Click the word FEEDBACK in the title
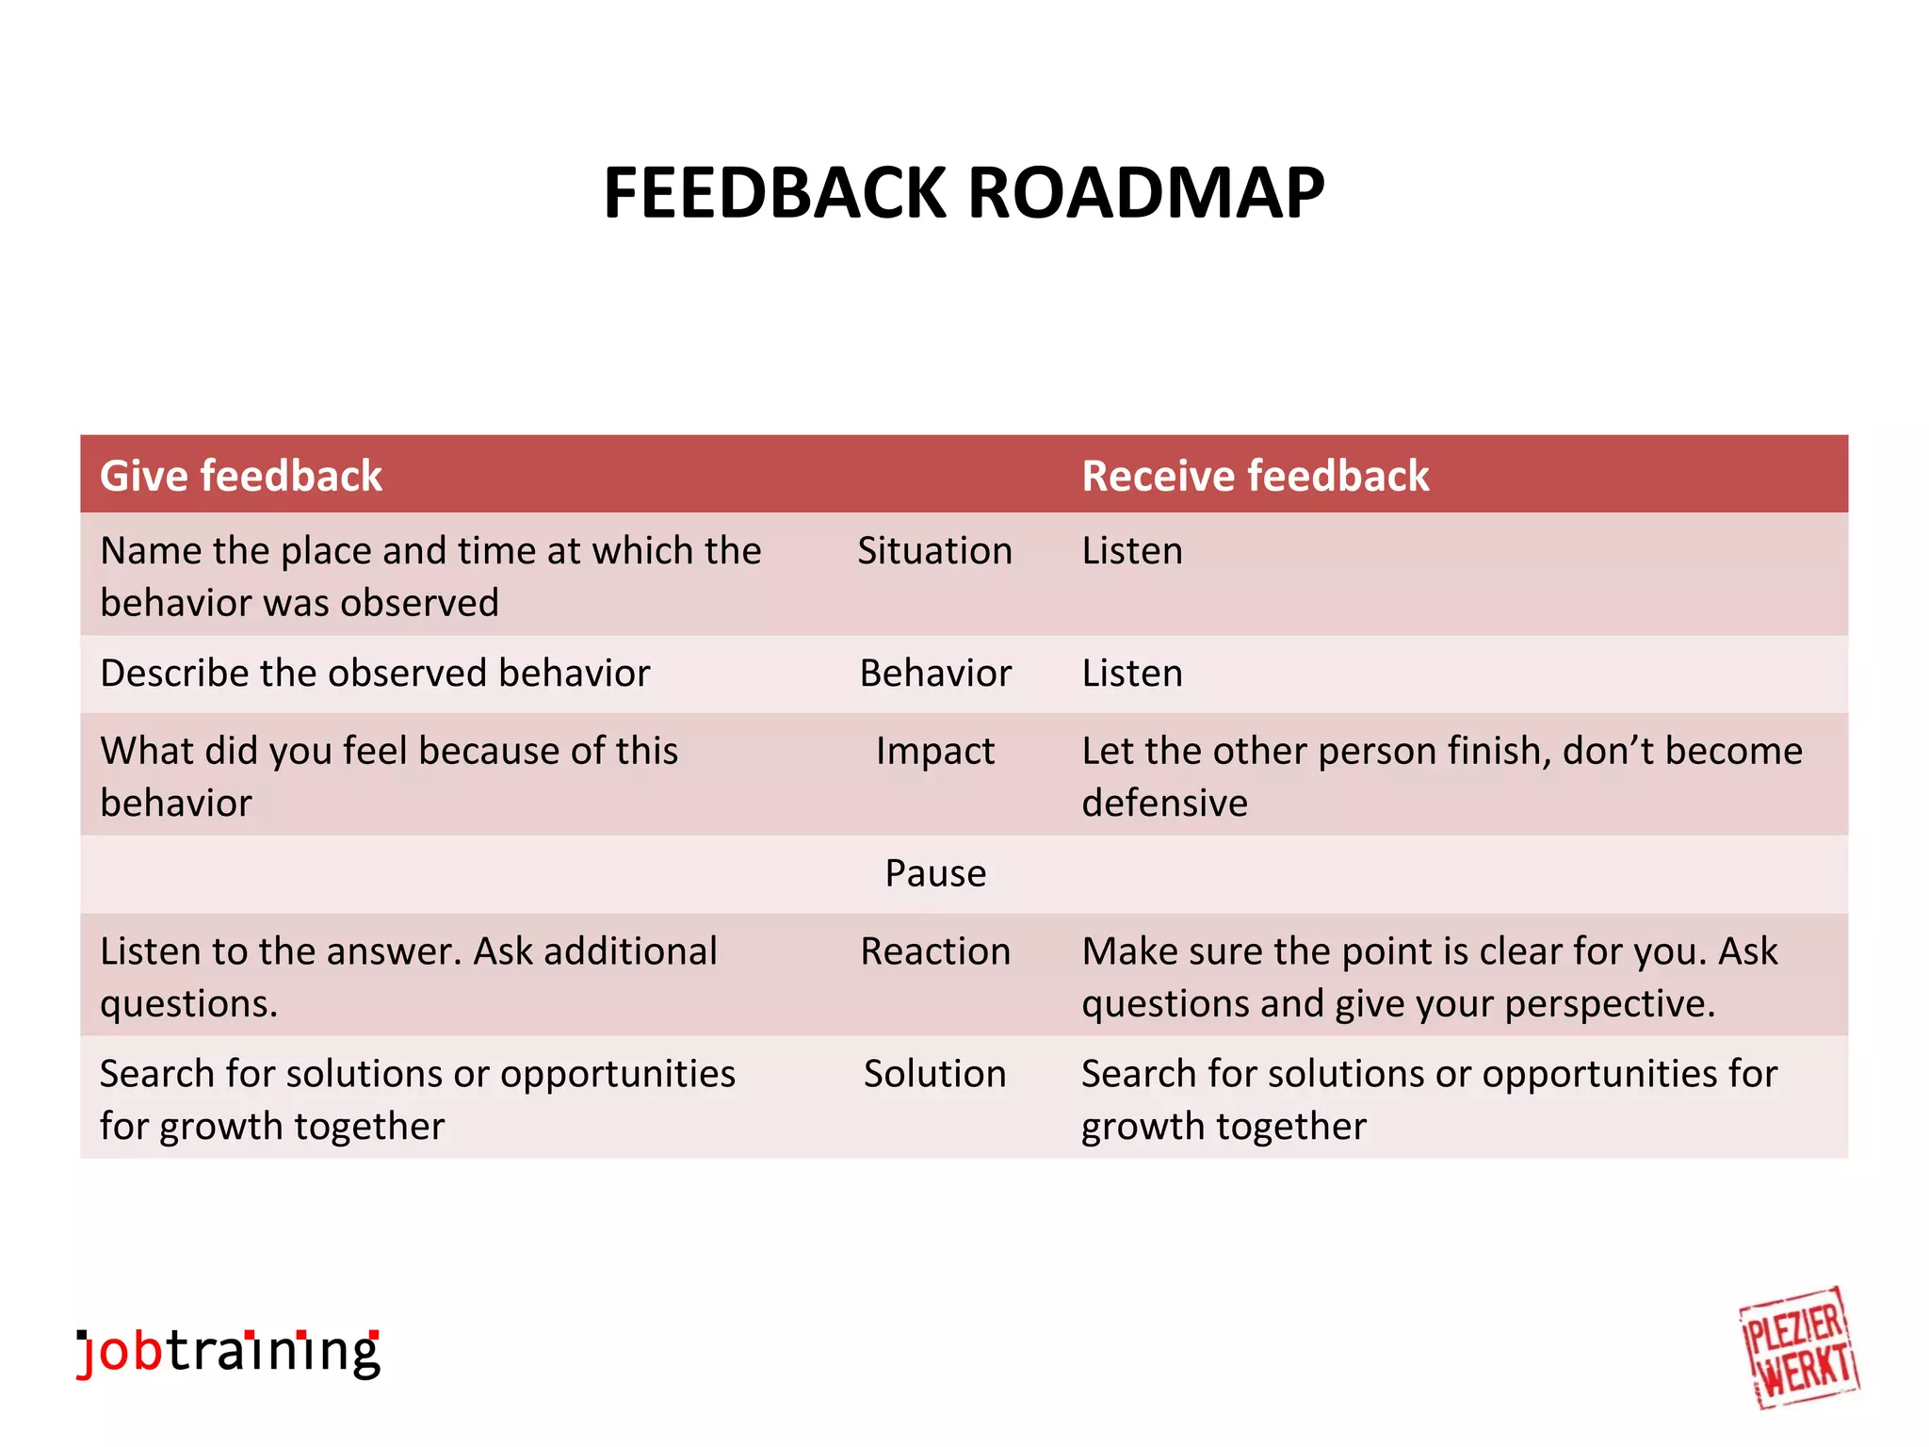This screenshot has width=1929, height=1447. point(774,193)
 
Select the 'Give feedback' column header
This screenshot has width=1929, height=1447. point(241,476)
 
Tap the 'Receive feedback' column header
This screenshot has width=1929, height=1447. point(1255,476)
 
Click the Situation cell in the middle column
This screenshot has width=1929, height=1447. point(934,551)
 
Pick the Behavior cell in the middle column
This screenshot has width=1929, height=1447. point(934,674)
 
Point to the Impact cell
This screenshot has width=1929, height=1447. point(934,752)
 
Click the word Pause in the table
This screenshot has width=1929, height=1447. point(934,873)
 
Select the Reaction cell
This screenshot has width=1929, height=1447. point(934,951)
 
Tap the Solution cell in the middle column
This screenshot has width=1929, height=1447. point(934,1074)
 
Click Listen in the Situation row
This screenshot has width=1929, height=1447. point(1131,551)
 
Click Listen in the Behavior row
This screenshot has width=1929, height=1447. point(1131,674)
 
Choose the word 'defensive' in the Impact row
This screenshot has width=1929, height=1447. point(1164,804)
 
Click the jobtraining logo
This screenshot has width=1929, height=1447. point(228,1353)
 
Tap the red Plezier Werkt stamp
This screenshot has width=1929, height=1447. point(1798,1348)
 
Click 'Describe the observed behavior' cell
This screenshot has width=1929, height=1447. point(375,674)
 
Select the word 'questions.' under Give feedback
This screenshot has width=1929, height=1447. point(188,1004)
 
